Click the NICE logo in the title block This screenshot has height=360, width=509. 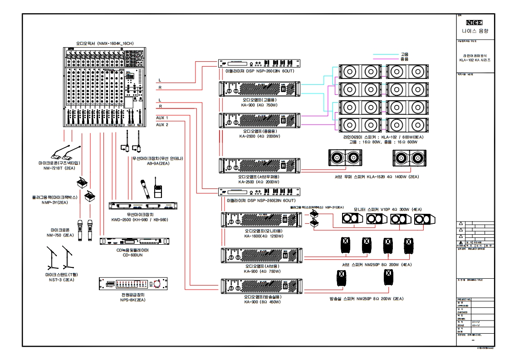coord(475,22)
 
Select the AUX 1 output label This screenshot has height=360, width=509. coord(162,117)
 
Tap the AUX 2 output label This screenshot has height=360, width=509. coord(162,124)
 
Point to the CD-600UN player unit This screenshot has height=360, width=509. coord(136,242)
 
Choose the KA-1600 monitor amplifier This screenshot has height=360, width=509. coord(260,220)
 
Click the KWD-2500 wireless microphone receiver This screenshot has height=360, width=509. coord(143,206)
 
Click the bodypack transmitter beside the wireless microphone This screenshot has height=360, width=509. coord(158,191)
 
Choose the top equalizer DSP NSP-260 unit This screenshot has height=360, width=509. coord(259,64)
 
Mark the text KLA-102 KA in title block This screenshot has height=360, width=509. coord(475,60)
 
